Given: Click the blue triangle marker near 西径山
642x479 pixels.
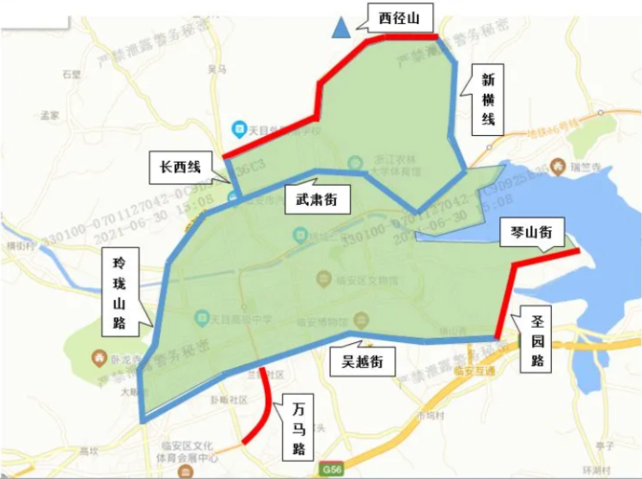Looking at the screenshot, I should coord(340,29).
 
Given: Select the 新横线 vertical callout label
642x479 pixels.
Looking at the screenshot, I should coord(488,100).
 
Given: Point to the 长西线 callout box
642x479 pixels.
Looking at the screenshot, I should coord(180,167).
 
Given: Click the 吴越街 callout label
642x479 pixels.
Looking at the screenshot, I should coord(357,361).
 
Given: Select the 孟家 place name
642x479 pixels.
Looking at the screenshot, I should coord(50,115).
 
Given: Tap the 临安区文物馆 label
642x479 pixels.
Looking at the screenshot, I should coord(363,279).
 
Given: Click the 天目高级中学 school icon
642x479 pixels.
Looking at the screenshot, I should coord(202,316).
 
